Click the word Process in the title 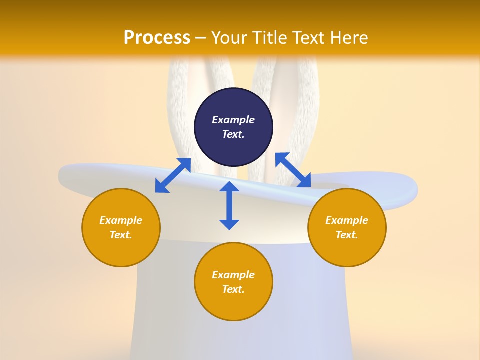(x=157, y=38)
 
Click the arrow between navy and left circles (x=173, y=175)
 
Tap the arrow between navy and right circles (x=293, y=170)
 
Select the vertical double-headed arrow (x=229, y=205)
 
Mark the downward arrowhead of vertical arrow (x=229, y=224)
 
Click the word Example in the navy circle (x=233, y=120)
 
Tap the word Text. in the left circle (x=121, y=235)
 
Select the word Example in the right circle (x=347, y=220)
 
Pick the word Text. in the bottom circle (x=233, y=289)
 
